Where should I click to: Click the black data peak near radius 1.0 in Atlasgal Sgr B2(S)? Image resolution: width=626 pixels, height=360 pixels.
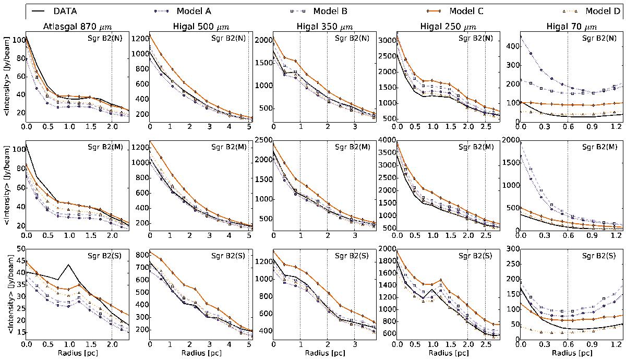coord(68,265)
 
